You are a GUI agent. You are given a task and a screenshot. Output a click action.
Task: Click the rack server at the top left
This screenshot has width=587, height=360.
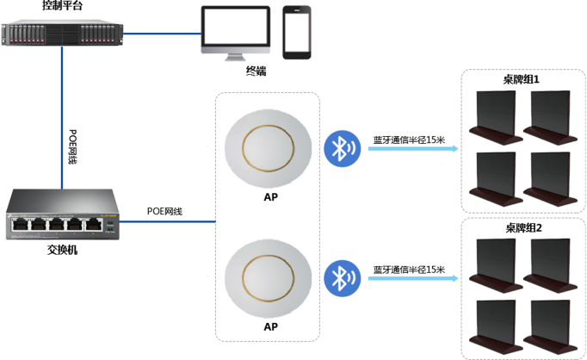62,34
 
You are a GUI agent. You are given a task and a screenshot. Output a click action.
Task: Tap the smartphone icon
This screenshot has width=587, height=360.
296,32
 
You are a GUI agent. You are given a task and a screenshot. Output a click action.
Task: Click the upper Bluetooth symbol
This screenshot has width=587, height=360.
342,148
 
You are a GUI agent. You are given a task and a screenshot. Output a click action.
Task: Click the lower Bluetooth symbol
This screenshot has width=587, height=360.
342,277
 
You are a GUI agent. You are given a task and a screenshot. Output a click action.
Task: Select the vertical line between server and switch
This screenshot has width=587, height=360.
62,116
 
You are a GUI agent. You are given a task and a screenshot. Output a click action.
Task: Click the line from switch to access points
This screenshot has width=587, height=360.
168,221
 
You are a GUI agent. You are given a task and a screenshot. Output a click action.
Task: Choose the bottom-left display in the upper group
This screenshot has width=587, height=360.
495,177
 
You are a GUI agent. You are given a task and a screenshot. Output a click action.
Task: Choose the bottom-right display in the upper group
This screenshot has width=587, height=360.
549,177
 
